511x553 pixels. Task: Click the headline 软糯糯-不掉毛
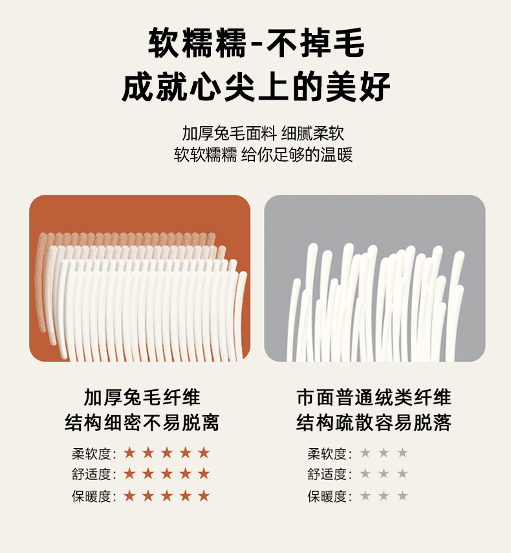pyautogui.click(x=256, y=43)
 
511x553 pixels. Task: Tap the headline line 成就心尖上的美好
pyautogui.click(x=255, y=87)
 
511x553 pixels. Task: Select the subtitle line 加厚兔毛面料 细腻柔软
pyautogui.click(x=263, y=133)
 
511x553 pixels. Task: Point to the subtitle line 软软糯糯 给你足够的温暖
pyautogui.click(x=263, y=155)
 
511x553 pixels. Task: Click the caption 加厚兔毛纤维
pyautogui.click(x=142, y=398)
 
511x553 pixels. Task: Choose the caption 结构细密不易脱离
pyautogui.click(x=142, y=422)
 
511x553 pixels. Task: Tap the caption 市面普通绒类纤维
pyautogui.click(x=374, y=398)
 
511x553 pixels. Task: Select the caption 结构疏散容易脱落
pyautogui.click(x=374, y=422)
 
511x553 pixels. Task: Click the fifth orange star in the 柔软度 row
pyautogui.click(x=204, y=453)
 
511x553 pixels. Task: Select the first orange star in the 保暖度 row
pyautogui.click(x=129, y=496)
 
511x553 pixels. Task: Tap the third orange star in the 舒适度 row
pyautogui.click(x=166, y=473)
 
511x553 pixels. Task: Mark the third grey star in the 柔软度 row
pyautogui.click(x=402, y=453)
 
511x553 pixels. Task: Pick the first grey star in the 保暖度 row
pyautogui.click(x=365, y=496)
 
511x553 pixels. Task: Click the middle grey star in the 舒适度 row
pyautogui.click(x=384, y=473)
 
